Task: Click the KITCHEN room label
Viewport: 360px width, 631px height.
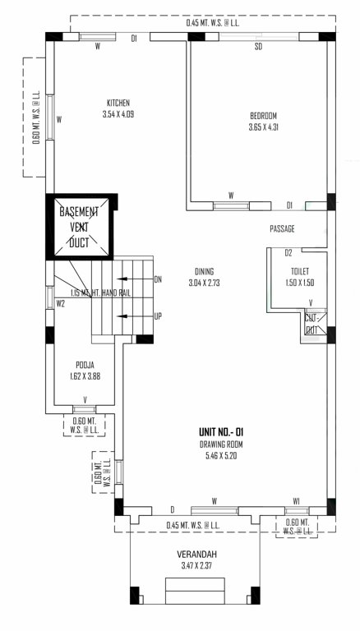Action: tap(118, 103)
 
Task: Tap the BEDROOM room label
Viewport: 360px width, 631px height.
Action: tap(263, 115)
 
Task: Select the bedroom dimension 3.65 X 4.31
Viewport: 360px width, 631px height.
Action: tap(263, 127)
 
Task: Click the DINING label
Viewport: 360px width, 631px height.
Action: tap(204, 271)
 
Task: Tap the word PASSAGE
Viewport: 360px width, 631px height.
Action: tap(282, 228)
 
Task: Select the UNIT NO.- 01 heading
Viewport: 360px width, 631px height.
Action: tap(220, 432)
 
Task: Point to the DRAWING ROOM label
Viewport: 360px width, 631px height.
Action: tap(220, 444)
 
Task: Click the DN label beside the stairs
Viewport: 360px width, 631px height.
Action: tap(158, 279)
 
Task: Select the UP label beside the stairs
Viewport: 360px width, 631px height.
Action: tap(158, 315)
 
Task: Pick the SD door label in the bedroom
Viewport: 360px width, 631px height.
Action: tap(258, 47)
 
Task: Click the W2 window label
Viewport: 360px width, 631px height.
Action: tap(61, 303)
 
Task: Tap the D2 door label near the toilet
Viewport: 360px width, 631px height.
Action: tap(288, 252)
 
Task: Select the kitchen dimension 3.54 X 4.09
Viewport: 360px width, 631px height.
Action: tap(118, 114)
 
